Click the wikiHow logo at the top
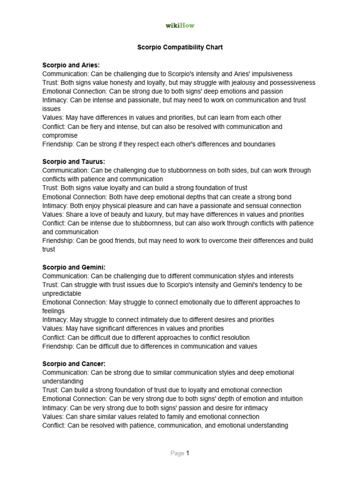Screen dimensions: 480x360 pyautogui.click(x=180, y=25)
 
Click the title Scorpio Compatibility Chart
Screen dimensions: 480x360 pyautogui.click(x=180, y=47)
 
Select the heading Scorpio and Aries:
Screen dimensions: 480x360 pyautogui.click(x=71, y=65)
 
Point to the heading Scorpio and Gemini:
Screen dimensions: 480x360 pyautogui.click(x=74, y=267)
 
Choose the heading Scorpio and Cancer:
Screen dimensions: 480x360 pyautogui.click(x=74, y=364)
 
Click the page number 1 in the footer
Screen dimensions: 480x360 pyautogui.click(x=187, y=453)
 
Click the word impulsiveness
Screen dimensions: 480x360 pyautogui.click(x=270, y=74)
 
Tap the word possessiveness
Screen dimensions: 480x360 pyautogui.click(x=288, y=82)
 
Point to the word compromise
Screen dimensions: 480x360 pyautogui.click(x=60, y=135)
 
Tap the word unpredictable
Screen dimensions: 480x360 pyautogui.click(x=62, y=293)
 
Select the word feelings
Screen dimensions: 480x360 pyautogui.click(x=53, y=311)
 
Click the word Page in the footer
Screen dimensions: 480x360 pyautogui.click(x=177, y=453)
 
